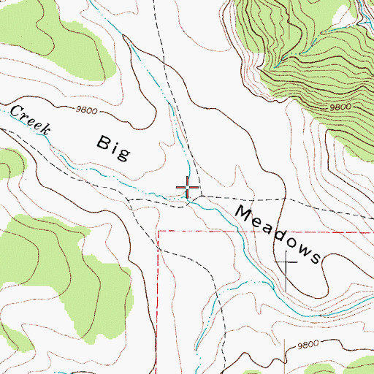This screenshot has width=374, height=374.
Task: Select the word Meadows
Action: point(278,234)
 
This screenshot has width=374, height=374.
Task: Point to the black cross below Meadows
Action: point(286,263)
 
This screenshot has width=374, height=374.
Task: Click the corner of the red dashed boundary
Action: point(159,232)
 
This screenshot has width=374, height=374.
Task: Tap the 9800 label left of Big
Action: point(86,110)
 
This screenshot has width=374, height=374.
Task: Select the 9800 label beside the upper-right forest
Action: point(340,107)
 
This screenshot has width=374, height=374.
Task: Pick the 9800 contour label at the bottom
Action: point(308,344)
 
